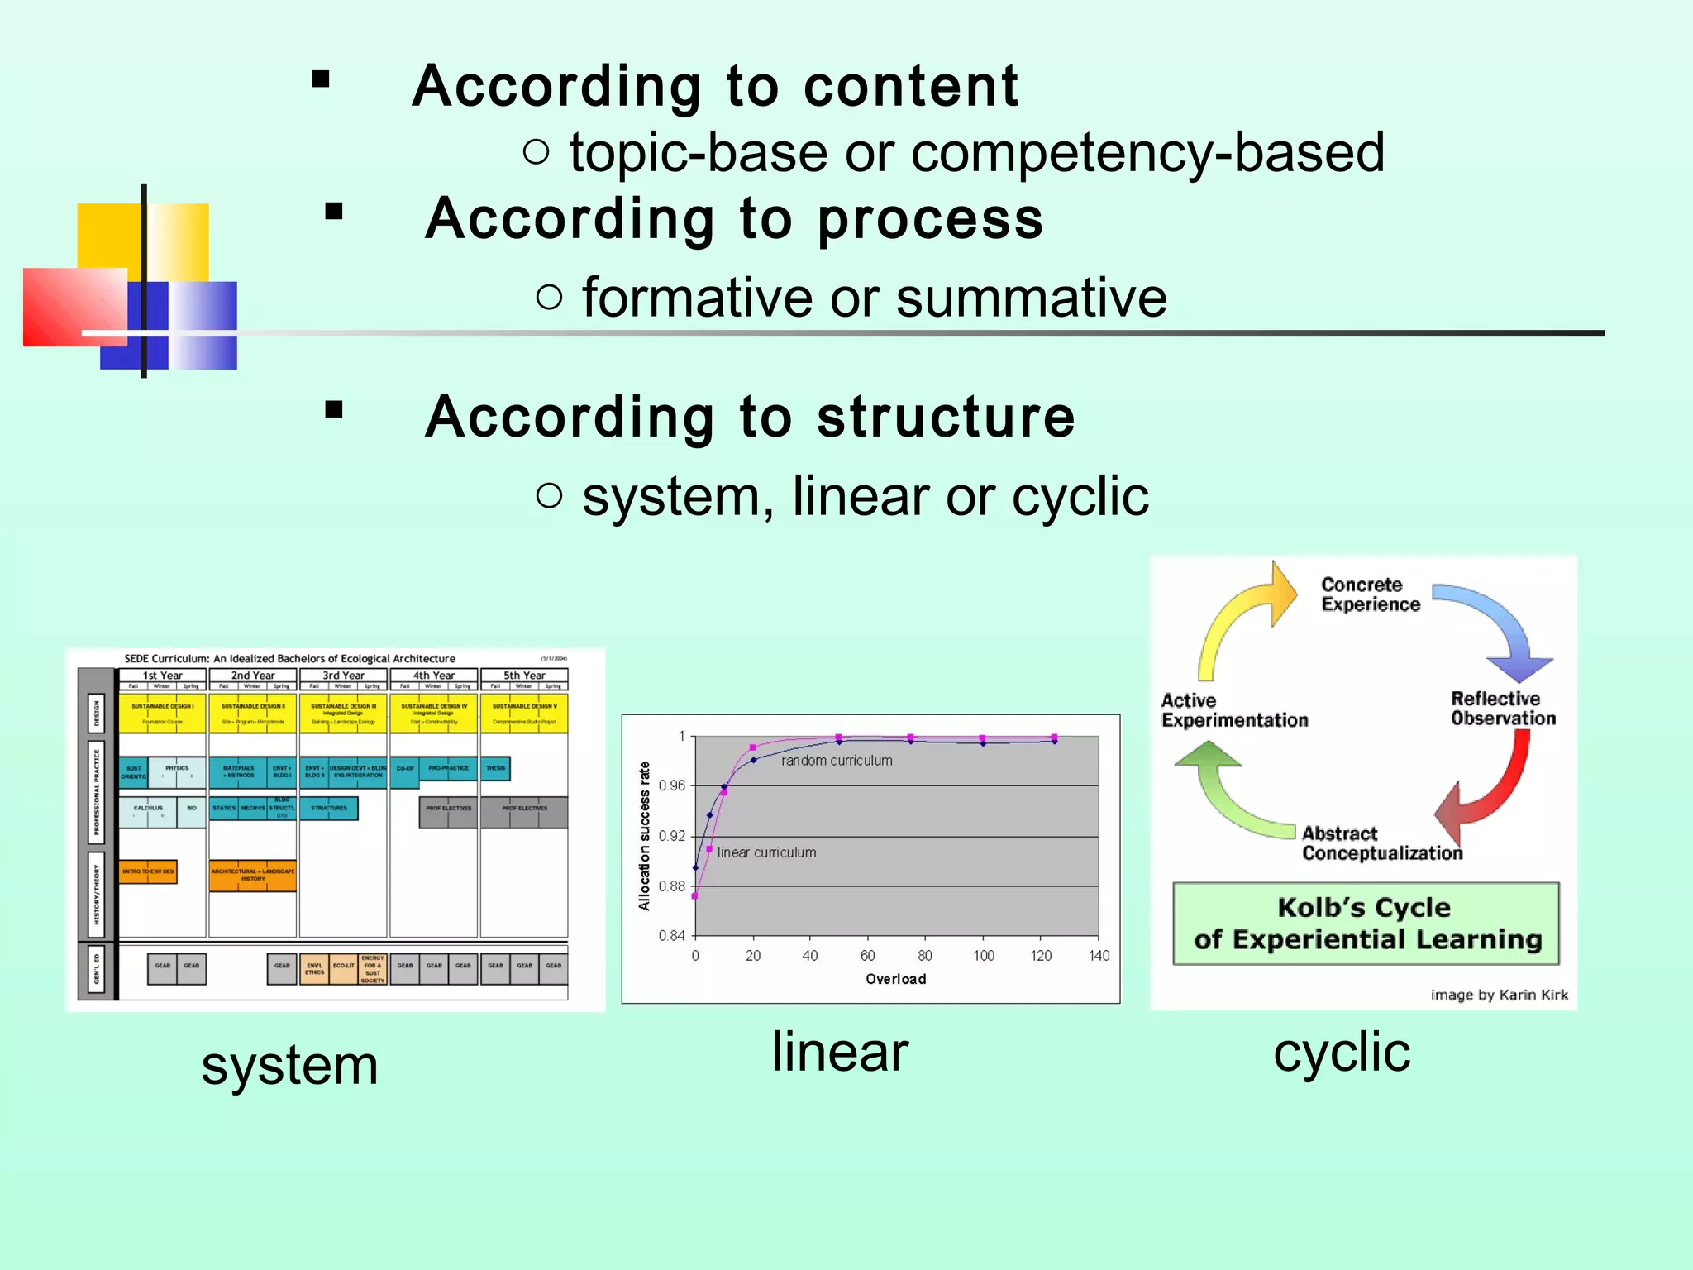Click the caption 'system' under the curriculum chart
(289, 1065)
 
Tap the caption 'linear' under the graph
(840, 1052)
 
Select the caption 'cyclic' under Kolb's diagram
(1342, 1053)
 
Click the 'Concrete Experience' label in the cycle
(1370, 594)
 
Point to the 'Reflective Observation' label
(1502, 709)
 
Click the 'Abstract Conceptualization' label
(1381, 843)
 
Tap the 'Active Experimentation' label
(1234, 710)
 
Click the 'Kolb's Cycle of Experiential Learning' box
(1366, 924)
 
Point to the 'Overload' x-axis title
(895, 979)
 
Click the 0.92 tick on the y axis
(671, 836)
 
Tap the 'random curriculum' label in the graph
(837, 761)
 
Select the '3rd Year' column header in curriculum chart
(343, 676)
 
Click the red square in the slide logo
(74, 306)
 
